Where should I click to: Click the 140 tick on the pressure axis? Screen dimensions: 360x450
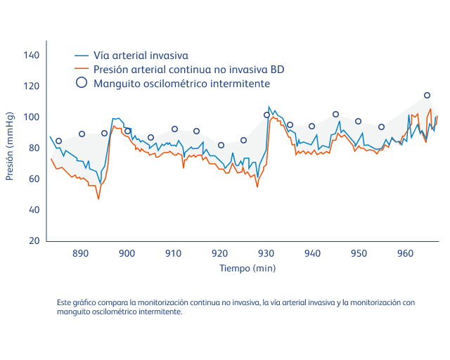(32, 55)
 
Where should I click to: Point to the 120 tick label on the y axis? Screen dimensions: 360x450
(32, 86)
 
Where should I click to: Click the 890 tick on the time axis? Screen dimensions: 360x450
(80, 253)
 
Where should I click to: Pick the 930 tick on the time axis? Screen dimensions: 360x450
(266, 253)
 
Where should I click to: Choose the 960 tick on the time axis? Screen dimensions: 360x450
(405, 253)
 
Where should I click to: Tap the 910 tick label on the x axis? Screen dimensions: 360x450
(173, 253)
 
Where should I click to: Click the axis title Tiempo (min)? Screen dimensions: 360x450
(247, 268)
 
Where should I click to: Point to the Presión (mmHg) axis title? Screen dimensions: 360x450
(10, 146)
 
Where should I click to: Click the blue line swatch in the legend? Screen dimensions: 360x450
(82, 55)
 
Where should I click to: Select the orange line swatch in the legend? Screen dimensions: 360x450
(82, 69)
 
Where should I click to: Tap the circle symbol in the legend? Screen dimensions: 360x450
(82, 83)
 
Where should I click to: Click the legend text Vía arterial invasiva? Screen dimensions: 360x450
(141, 55)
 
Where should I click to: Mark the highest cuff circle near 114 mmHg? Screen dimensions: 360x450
(427, 95)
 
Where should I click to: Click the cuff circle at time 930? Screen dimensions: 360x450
(266, 115)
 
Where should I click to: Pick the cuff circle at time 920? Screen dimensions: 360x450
(221, 145)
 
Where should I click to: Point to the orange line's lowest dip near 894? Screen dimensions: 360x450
(98, 199)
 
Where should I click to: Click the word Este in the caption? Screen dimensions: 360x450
(65, 302)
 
